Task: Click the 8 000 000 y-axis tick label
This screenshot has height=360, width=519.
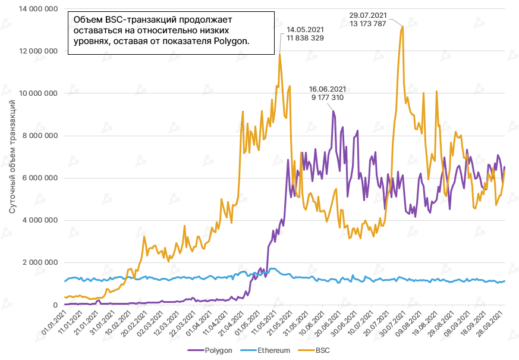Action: (x=39, y=136)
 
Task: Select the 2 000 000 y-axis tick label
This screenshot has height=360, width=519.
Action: (x=39, y=262)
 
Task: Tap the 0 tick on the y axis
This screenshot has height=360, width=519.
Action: (x=54, y=305)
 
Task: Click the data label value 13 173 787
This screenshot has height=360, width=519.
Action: (x=373, y=23)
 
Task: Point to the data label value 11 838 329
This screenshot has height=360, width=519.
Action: (x=305, y=38)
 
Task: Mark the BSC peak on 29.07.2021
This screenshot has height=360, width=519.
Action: (x=402, y=26)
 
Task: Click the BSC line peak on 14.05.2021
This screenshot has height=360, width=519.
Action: (x=279, y=54)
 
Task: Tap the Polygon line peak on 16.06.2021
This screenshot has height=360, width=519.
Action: (x=333, y=111)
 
